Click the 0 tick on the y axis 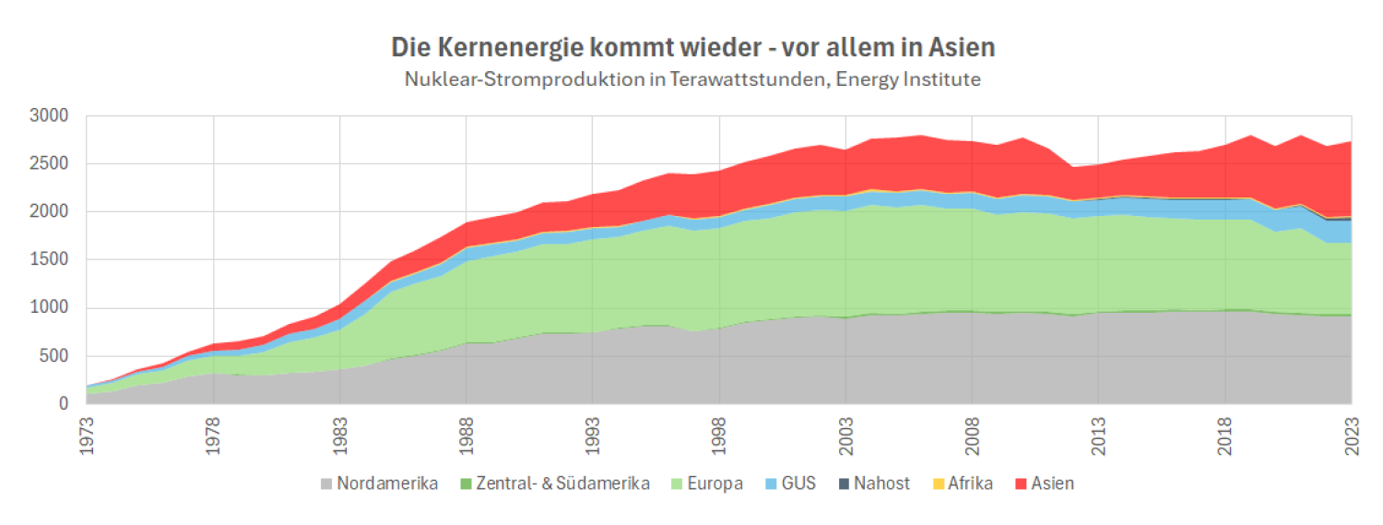63,404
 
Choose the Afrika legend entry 966,483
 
